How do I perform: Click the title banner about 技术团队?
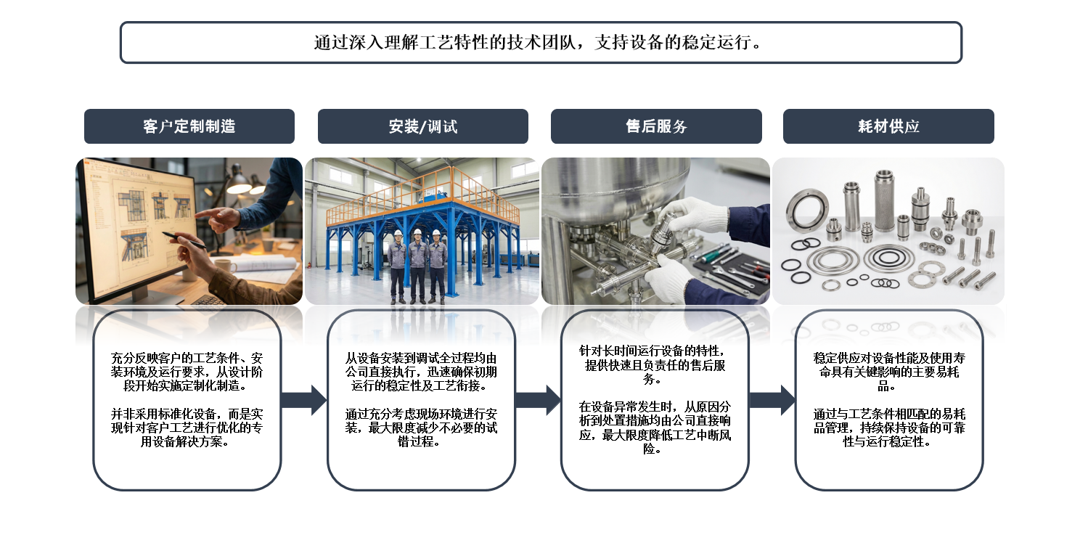(541, 42)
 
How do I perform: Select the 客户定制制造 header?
(189, 126)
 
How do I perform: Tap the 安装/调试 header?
(422, 126)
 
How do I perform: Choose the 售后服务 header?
(656, 126)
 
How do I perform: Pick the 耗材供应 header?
(888, 126)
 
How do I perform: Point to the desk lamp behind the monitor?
(238, 181)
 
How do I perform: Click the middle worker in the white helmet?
(417, 265)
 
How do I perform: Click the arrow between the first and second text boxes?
(303, 400)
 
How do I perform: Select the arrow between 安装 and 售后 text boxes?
(538, 400)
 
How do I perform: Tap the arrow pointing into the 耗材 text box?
(772, 400)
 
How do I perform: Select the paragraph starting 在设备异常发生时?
(655, 427)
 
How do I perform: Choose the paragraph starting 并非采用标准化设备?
(187, 427)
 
